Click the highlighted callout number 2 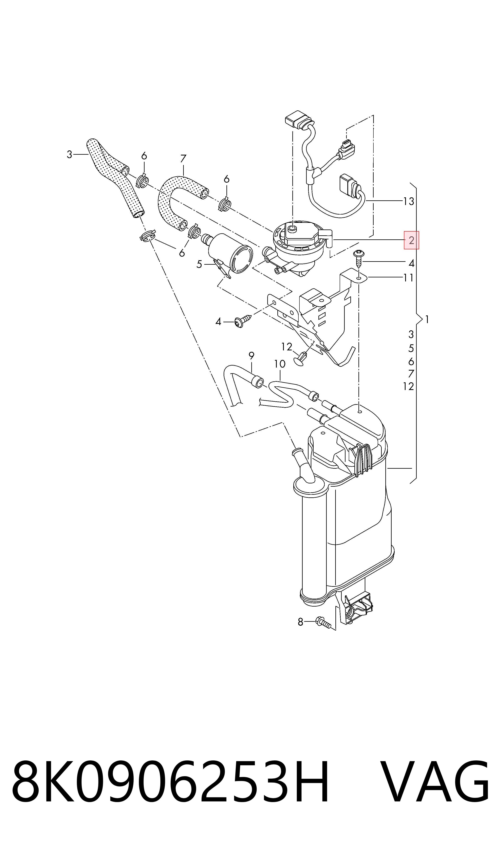click(411, 240)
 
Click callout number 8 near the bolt click(300, 622)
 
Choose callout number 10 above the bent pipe click(280, 364)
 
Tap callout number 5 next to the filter click(199, 264)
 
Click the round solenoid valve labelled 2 click(299, 249)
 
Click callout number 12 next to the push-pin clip click(286, 347)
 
